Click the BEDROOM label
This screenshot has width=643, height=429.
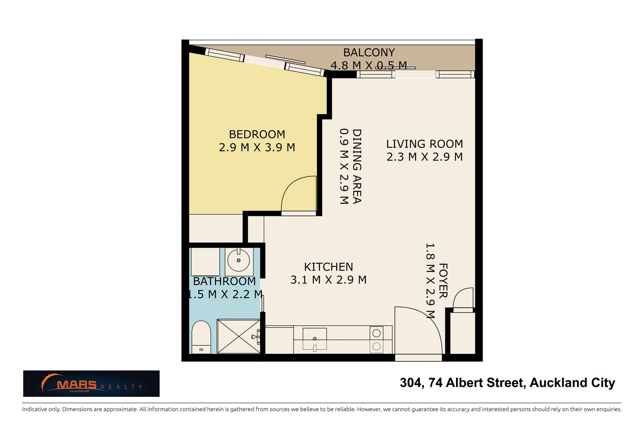tap(257, 134)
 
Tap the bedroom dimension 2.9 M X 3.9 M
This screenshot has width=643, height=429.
tap(257, 147)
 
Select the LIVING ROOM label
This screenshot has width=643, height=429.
tap(424, 144)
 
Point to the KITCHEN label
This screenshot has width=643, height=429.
tap(328, 267)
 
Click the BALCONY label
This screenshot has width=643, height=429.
tap(369, 53)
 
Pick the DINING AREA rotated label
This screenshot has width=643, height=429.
tap(357, 166)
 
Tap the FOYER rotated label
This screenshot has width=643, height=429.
tap(443, 281)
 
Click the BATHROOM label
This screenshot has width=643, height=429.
tap(224, 281)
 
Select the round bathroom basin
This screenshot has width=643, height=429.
tap(238, 260)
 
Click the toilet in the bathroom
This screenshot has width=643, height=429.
tap(201, 337)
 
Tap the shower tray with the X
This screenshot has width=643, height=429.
tap(239, 336)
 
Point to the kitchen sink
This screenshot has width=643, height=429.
tap(314, 339)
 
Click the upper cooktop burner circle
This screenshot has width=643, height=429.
tap(376, 333)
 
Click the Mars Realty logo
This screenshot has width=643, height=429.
tap(91, 383)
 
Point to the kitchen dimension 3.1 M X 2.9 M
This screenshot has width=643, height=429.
tap(328, 280)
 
